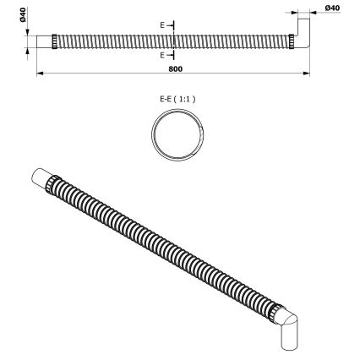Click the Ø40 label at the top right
[331, 8]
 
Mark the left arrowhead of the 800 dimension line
[39, 73]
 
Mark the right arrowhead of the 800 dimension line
[304, 73]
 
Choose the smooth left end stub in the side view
[43, 41]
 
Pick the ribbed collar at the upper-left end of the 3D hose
[55, 185]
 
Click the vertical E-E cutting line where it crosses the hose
[172, 40]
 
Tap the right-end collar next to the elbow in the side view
[291, 41]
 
